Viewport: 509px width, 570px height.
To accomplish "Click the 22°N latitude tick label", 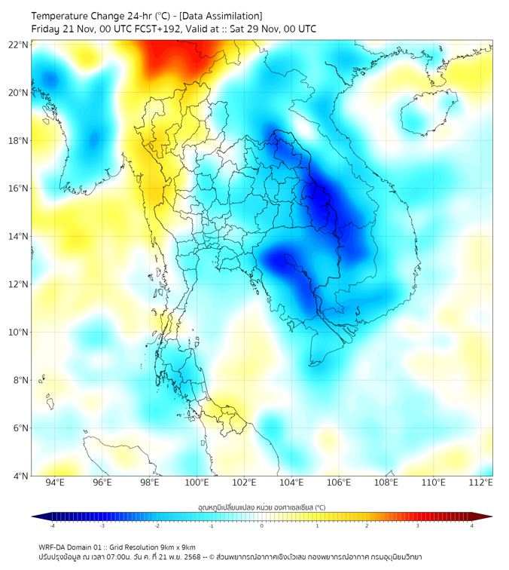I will (19, 44).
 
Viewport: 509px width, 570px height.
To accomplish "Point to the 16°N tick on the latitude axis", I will (19, 188).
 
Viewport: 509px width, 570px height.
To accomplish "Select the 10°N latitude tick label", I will (19, 332).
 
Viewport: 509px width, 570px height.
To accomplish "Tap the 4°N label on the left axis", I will (21, 476).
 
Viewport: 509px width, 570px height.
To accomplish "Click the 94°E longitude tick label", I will (55, 483).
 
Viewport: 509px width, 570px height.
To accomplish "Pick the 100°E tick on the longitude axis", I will (197, 483).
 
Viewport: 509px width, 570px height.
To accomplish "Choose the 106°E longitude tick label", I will (340, 483).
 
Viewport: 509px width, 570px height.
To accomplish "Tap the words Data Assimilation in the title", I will (220, 16).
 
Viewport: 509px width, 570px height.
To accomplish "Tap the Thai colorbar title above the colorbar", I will (261, 507).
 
